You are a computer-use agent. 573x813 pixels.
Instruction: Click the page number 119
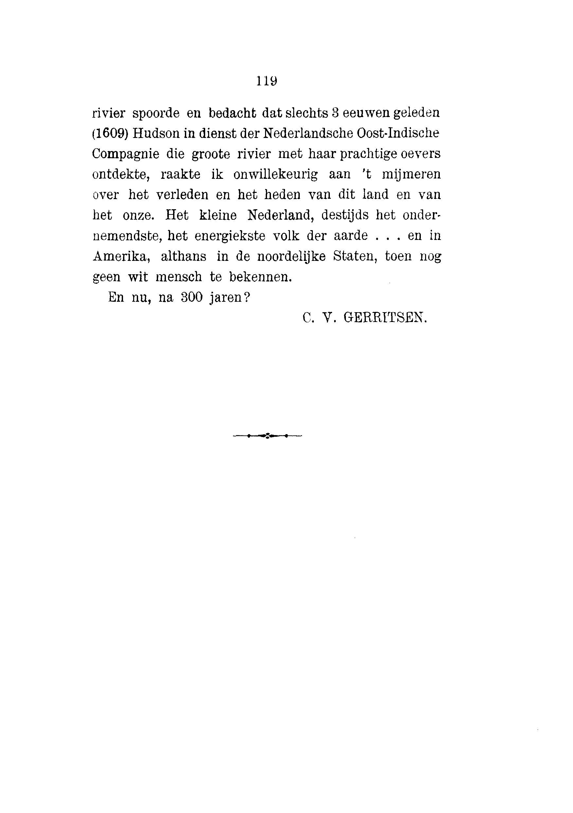coord(266,81)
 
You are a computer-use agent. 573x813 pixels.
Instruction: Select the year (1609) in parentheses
coord(110,133)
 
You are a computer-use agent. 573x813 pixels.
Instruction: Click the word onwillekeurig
coord(276,174)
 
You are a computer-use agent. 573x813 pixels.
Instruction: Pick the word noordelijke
coord(291,256)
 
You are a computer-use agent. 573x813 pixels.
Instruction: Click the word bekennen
coord(260,277)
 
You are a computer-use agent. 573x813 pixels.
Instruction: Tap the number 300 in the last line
coord(191,297)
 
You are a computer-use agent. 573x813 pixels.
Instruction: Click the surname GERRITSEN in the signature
coord(385,318)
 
